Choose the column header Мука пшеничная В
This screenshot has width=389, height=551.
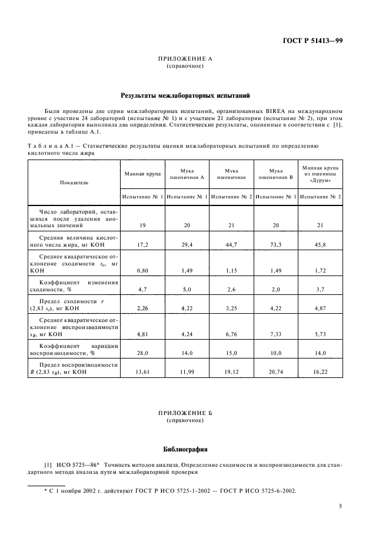point(276,173)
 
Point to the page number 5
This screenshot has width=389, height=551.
point(341,506)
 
